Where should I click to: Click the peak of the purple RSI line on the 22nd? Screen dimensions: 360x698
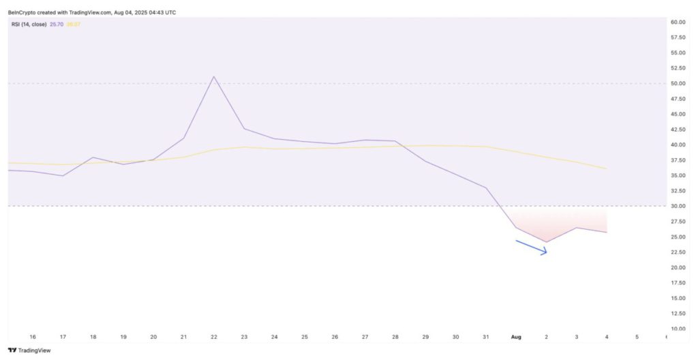214,76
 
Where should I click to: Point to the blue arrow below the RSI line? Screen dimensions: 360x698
532,247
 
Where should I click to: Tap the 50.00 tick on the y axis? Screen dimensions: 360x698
678,84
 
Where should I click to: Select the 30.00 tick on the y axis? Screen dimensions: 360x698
678,206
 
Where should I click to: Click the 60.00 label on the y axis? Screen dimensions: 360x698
678,22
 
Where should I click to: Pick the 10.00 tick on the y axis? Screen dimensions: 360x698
678,329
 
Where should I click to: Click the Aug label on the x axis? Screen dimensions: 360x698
516,337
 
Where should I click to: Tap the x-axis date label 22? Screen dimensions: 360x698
214,337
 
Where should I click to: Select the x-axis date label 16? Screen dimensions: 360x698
33,337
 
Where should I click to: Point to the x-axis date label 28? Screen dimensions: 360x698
395,337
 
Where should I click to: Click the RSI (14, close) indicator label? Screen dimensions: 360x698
29,25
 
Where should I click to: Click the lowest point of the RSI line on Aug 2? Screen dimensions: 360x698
546,242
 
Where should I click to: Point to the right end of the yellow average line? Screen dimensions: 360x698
606,168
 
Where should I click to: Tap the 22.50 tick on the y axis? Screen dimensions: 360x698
678,252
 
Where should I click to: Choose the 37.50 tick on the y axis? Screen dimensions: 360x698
678,160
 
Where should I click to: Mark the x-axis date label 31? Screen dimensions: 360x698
486,337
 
